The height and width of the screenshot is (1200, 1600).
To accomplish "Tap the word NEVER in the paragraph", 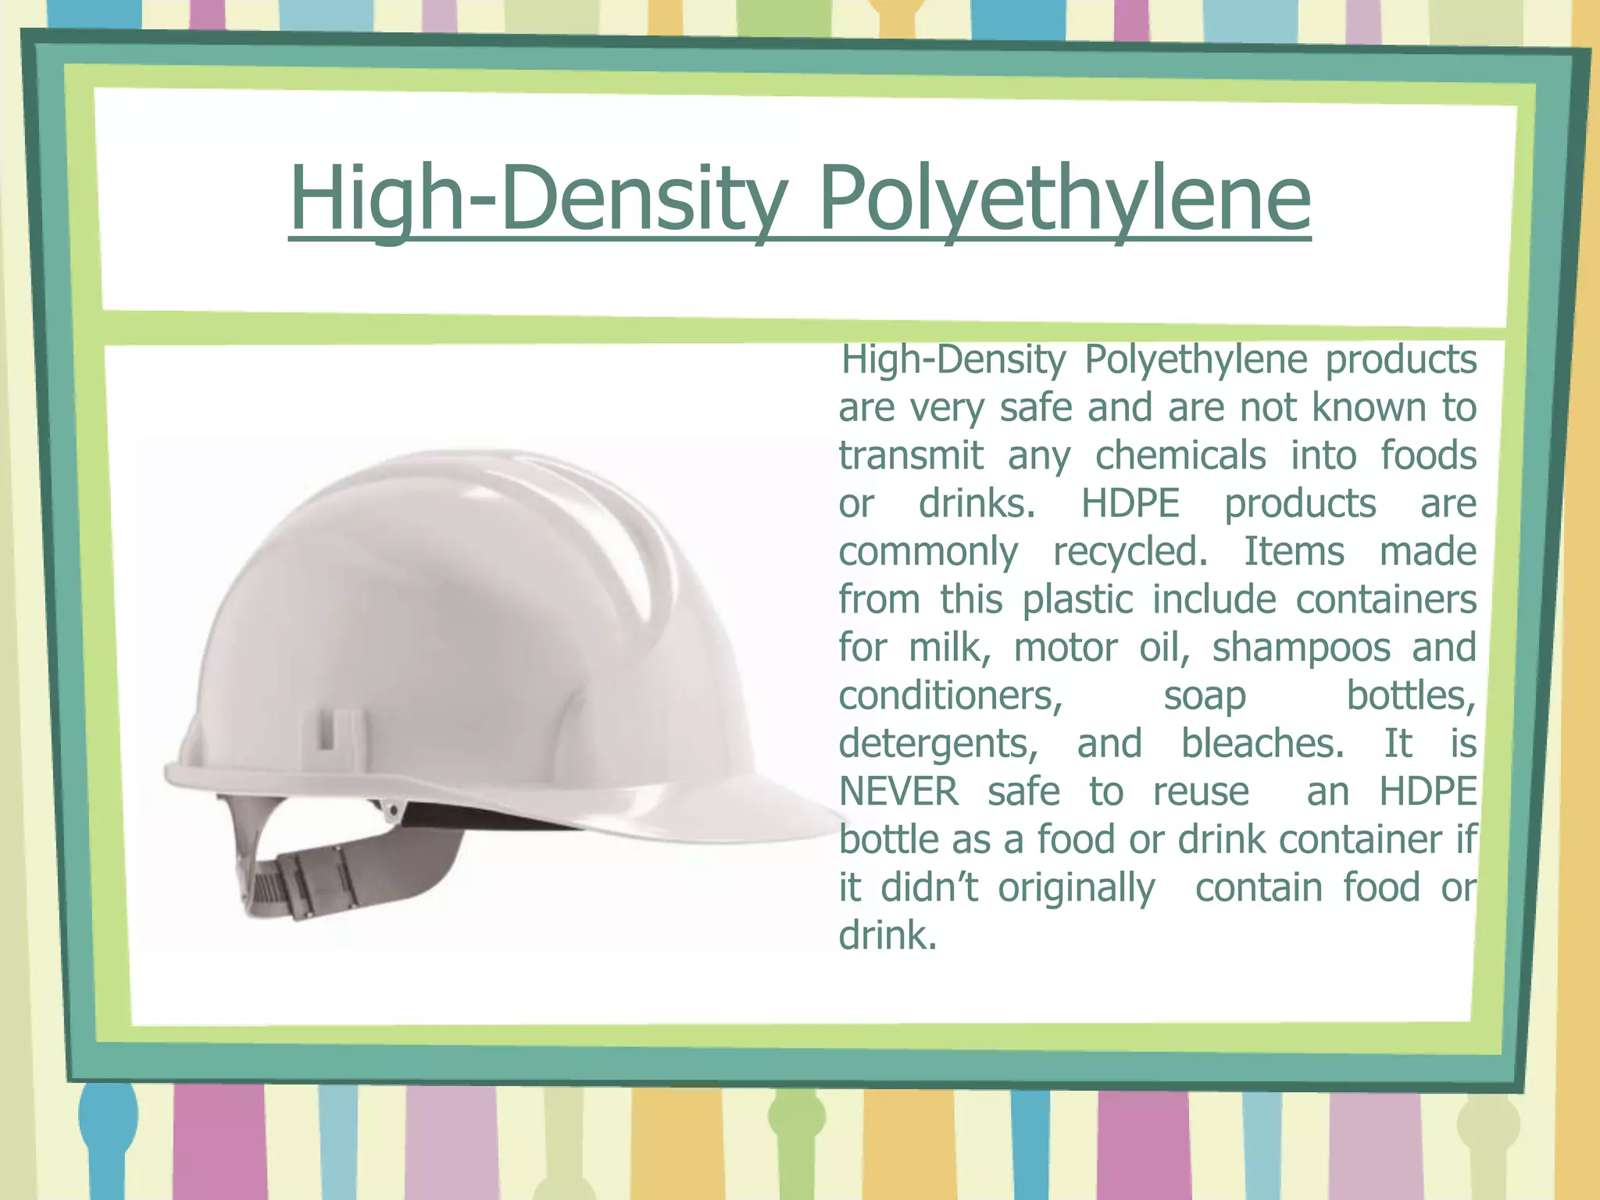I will click(x=898, y=791).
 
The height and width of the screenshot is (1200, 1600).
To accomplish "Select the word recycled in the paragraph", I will click(x=1130, y=552).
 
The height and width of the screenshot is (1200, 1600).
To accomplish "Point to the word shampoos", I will click(x=1301, y=648).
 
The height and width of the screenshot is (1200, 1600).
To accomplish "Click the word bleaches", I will click(x=1262, y=743).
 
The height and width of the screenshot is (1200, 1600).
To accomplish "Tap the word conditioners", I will click(x=951, y=695).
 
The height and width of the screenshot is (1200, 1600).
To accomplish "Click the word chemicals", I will click(x=1180, y=455).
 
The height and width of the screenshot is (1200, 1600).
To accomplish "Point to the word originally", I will click(x=1076, y=888).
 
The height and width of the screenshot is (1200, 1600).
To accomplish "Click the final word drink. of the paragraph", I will click(x=887, y=935).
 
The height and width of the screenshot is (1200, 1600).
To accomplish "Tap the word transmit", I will click(x=911, y=455).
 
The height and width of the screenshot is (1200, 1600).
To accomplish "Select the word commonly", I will click(x=928, y=552).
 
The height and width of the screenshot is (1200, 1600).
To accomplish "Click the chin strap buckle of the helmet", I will click(x=312, y=883).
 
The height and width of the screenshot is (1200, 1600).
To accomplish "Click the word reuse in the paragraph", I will click(x=1201, y=791).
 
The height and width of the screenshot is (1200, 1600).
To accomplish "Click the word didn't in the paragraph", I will click(x=929, y=887).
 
